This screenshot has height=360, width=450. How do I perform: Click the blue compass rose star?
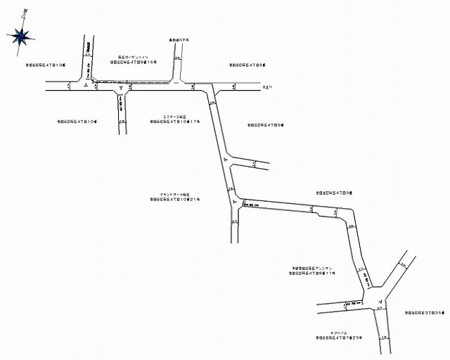pyautogui.click(x=22, y=34)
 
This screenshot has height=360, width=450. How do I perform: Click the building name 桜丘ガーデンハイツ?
pyautogui.click(x=134, y=56)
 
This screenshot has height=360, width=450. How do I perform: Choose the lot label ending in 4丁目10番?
pyautogui.click(x=77, y=122)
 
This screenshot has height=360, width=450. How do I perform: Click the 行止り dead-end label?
pyautogui.click(x=266, y=88)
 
